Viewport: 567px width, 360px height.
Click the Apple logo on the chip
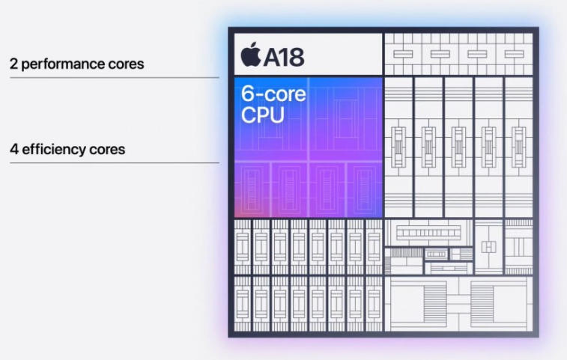(251, 54)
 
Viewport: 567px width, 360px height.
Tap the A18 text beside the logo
(284, 57)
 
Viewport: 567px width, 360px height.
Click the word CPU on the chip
(262, 115)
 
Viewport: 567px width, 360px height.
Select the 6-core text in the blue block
(273, 94)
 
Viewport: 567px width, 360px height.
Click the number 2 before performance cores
(13, 64)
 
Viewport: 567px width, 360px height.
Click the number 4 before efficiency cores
(14, 149)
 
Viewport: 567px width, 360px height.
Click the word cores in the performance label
(126, 64)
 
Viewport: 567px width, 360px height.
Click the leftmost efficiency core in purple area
(252, 190)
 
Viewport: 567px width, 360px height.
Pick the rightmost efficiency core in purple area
(365, 190)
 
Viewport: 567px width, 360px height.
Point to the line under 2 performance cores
(115, 77)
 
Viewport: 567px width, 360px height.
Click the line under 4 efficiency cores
(115, 162)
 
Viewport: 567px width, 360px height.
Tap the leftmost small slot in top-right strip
(403, 54)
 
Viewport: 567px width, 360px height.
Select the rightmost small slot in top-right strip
(515, 54)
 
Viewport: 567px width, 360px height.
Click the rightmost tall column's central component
(519, 147)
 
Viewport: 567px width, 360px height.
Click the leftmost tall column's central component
(398, 147)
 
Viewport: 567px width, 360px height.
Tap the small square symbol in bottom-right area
(489, 247)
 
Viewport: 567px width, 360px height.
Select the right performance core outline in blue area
(346, 119)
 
